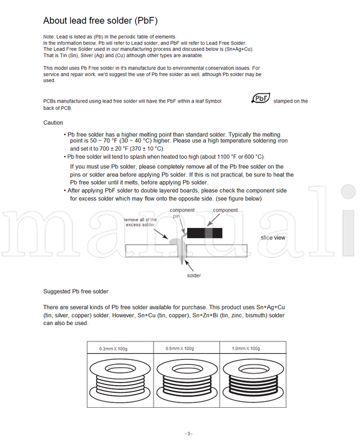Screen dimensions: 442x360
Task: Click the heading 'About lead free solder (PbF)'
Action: point(100,20)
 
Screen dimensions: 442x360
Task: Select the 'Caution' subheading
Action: point(53,122)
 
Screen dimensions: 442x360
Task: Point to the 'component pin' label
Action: point(182,213)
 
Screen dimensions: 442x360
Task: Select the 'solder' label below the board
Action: point(193,275)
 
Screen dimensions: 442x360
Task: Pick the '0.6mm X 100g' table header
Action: point(180,348)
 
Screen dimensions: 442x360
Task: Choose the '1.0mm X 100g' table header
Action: point(246,348)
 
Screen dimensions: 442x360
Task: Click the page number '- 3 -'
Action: point(188,434)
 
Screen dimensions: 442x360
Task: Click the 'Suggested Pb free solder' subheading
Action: point(76,291)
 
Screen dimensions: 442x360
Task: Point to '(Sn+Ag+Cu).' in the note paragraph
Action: point(240,49)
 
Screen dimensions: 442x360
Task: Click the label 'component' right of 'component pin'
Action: point(226,210)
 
